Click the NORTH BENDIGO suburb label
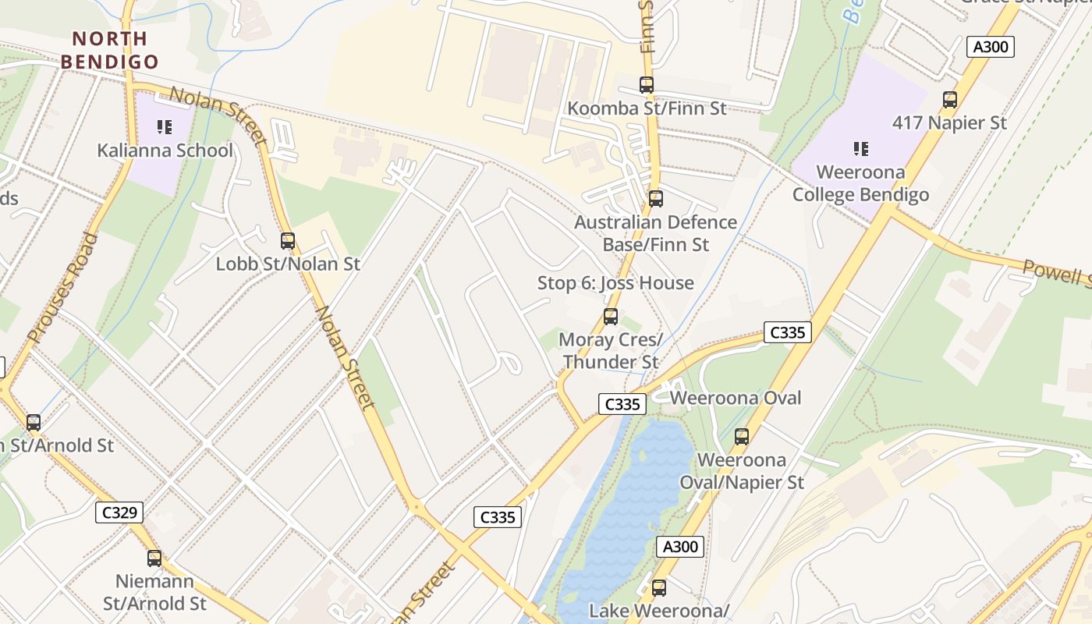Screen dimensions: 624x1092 [109, 50]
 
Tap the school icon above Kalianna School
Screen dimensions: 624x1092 [164, 126]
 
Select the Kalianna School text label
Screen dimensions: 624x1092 [165, 151]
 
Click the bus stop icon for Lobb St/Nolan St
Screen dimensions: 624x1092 [288, 240]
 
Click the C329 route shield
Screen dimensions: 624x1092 [120, 512]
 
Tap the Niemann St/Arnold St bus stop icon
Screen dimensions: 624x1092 [154, 558]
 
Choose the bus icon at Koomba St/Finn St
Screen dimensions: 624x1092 [647, 84]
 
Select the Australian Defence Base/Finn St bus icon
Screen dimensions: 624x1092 [656, 198]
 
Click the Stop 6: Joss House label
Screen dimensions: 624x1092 [615, 283]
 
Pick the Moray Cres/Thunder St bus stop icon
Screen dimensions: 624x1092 [611, 316]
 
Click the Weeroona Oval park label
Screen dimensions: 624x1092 [736, 398]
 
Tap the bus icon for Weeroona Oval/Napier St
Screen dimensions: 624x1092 [742, 436]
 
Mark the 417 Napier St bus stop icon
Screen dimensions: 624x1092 [950, 99]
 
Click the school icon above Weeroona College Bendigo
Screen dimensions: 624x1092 [861, 148]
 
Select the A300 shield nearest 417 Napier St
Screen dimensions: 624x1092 [991, 47]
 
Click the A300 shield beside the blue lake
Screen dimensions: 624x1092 [679, 547]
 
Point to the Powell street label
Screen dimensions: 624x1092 [1057, 272]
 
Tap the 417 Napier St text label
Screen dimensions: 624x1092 [949, 122]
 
